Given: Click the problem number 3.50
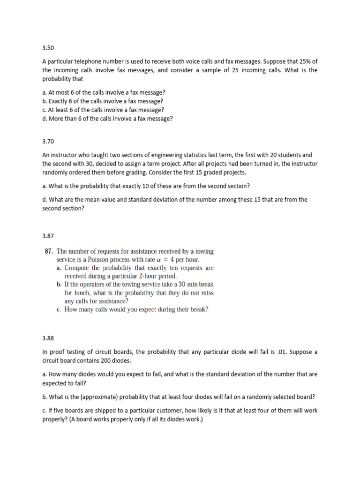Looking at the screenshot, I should point(48,48).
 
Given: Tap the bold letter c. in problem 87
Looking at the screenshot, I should point(59,309).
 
